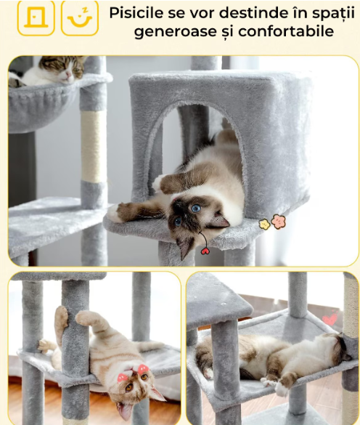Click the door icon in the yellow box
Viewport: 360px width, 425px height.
tap(36, 17)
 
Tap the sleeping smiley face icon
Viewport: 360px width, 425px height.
tap(80, 18)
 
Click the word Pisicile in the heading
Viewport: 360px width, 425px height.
tap(136, 13)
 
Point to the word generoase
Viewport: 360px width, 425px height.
tap(175, 32)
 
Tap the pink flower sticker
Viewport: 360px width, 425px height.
tap(279, 222)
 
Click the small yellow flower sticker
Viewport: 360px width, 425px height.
tap(264, 224)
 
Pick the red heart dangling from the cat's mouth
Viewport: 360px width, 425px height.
tap(205, 251)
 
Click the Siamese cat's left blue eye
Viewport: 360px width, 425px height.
tap(196, 208)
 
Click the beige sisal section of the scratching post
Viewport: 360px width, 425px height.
tap(94, 146)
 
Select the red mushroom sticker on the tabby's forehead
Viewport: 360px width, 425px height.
tap(143, 369)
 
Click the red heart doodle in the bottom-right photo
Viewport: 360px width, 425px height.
tap(330, 319)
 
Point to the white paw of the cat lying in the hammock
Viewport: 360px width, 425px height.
tap(282, 389)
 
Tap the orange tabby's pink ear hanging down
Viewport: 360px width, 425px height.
tap(125, 410)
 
